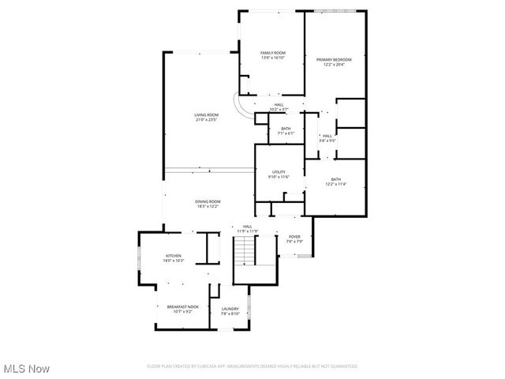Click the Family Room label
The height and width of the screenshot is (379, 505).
[x=273, y=53]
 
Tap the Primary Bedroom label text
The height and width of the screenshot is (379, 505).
[x=334, y=59]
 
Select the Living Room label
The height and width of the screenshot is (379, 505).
[x=205, y=115]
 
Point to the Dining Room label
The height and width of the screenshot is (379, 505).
[x=208, y=201]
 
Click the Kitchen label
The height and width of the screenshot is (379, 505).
[x=173, y=256]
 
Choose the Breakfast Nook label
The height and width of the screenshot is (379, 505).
[x=182, y=306]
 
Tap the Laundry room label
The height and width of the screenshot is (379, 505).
[x=230, y=309]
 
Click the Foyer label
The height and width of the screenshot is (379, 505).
[x=294, y=237]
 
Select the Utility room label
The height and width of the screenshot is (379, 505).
[x=279, y=172]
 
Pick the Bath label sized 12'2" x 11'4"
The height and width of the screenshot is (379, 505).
[x=336, y=181]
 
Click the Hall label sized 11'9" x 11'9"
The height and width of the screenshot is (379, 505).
[x=248, y=228]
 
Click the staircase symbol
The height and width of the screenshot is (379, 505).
[x=247, y=251]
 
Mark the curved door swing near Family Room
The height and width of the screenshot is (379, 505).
[x=243, y=107]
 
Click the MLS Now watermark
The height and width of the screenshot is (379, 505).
[x=26, y=369]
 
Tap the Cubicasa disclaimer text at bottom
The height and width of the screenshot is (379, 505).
[x=252, y=366]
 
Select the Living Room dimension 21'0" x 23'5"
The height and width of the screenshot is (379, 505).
[x=205, y=120]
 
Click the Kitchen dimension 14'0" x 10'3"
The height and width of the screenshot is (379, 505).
[x=173, y=261]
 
